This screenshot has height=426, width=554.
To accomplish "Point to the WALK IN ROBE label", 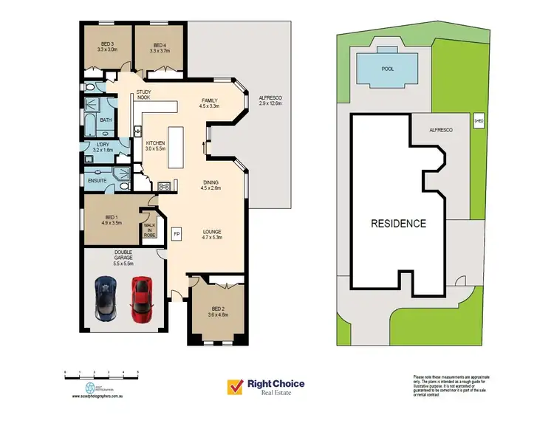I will click(x=149, y=230).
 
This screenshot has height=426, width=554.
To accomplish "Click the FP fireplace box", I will click(x=177, y=234).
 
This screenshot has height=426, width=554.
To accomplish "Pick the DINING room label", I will click(x=211, y=184).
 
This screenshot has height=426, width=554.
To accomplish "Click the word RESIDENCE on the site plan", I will click(x=397, y=223).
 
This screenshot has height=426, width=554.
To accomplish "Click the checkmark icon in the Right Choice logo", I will click(x=236, y=386).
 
